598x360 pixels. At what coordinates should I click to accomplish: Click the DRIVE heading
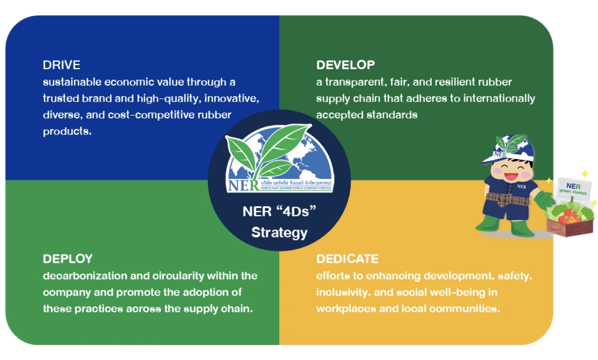(61, 65)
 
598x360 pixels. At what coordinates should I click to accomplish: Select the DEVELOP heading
(345, 65)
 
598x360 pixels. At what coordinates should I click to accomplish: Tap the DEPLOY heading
(68, 259)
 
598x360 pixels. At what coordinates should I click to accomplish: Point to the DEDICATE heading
(347, 259)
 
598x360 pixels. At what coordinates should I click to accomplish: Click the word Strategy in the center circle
(279, 233)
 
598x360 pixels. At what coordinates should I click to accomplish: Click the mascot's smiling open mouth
(511, 177)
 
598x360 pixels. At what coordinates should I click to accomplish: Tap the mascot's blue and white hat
(509, 149)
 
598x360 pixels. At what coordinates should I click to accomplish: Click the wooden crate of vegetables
(570, 227)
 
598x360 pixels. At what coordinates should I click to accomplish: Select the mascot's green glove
(544, 200)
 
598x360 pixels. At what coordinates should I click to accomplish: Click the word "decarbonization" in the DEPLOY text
(85, 276)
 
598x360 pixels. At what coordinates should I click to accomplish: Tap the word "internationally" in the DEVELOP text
(499, 99)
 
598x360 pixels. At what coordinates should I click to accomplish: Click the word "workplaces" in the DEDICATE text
(346, 309)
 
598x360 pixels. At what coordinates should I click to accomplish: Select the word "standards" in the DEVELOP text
(392, 115)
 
